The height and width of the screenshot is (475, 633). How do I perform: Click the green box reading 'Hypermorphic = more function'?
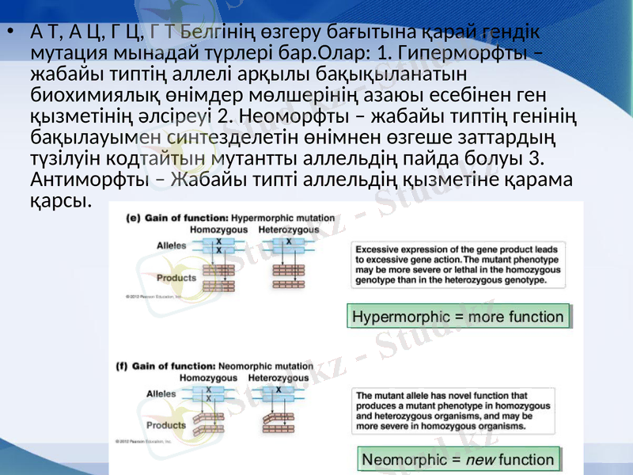click(x=458, y=317)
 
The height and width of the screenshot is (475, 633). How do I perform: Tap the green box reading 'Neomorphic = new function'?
click(x=458, y=459)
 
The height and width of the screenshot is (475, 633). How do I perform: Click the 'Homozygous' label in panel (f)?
click(x=209, y=378)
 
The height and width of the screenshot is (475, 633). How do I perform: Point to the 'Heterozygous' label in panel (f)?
click(x=279, y=378)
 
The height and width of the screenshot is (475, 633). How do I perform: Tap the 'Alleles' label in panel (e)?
click(x=172, y=245)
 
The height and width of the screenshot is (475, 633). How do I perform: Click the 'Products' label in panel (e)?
click(x=176, y=278)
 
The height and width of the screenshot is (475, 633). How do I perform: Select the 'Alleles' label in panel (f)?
click(x=161, y=393)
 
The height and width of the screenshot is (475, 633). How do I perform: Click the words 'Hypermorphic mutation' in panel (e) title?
click(x=283, y=218)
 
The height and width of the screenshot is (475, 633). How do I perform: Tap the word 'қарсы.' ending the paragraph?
click(x=56, y=200)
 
